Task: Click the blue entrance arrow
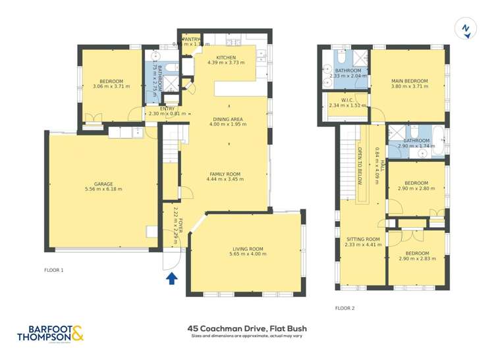click(172, 278)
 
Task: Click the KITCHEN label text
click(226, 57)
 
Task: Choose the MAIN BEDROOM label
click(409, 81)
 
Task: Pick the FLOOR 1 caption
click(54, 270)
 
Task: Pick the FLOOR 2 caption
click(344, 308)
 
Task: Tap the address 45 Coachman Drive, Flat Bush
click(247, 328)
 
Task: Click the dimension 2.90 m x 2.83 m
click(417, 259)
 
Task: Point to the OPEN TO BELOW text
click(360, 168)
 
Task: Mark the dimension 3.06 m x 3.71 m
click(108, 87)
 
